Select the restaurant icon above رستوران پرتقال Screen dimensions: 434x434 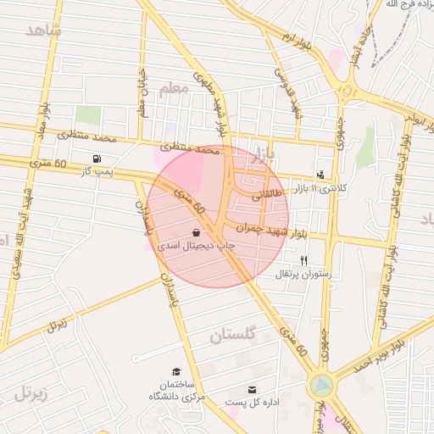point(303,261)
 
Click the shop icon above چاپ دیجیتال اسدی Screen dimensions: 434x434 point(197,232)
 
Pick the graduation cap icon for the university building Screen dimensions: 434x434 point(176,371)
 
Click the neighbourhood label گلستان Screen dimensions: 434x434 point(231,336)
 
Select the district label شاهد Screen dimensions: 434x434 point(43,31)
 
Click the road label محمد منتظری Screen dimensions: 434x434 point(86,136)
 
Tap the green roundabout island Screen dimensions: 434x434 point(321,387)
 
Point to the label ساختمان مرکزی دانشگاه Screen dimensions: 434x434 point(174,390)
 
